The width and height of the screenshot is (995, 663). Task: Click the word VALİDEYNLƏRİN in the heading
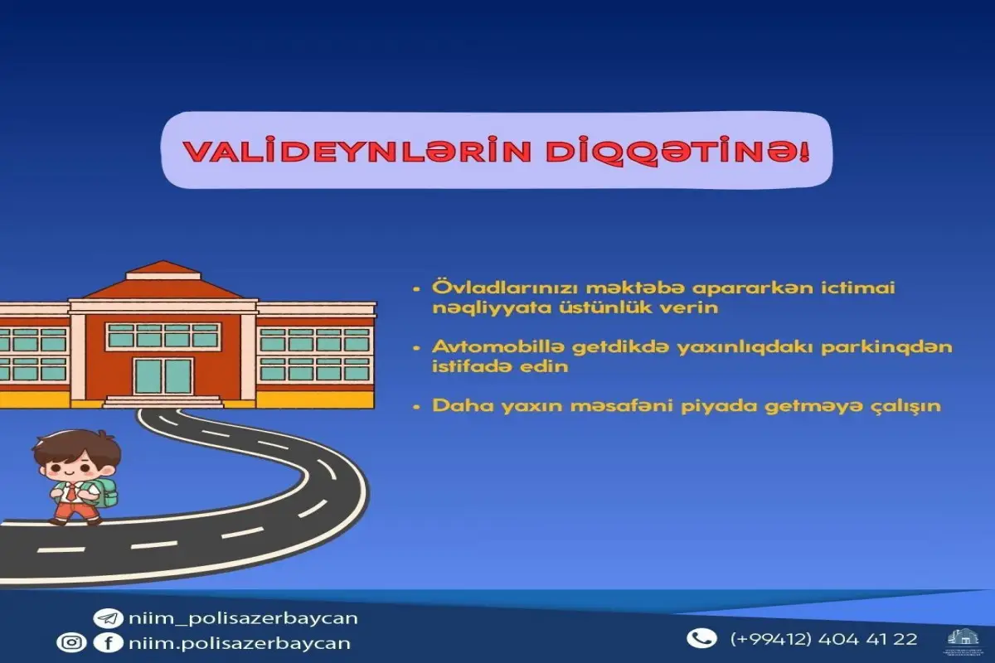pos(329,152)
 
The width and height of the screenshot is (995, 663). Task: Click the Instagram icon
pos(70,642)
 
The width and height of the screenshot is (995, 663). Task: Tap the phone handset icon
pos(701,638)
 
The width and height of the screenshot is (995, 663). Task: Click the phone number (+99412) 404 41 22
pos(823,639)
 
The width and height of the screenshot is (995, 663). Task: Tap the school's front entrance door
pos(163,375)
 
